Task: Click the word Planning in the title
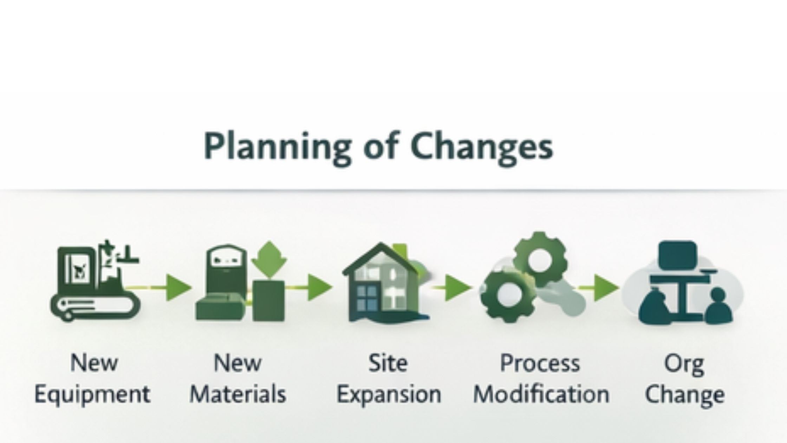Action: click(x=278, y=148)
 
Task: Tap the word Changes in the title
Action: click(x=482, y=148)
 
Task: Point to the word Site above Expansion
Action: click(x=388, y=363)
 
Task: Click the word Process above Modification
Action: click(x=540, y=363)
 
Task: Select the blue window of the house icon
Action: click(x=367, y=298)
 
